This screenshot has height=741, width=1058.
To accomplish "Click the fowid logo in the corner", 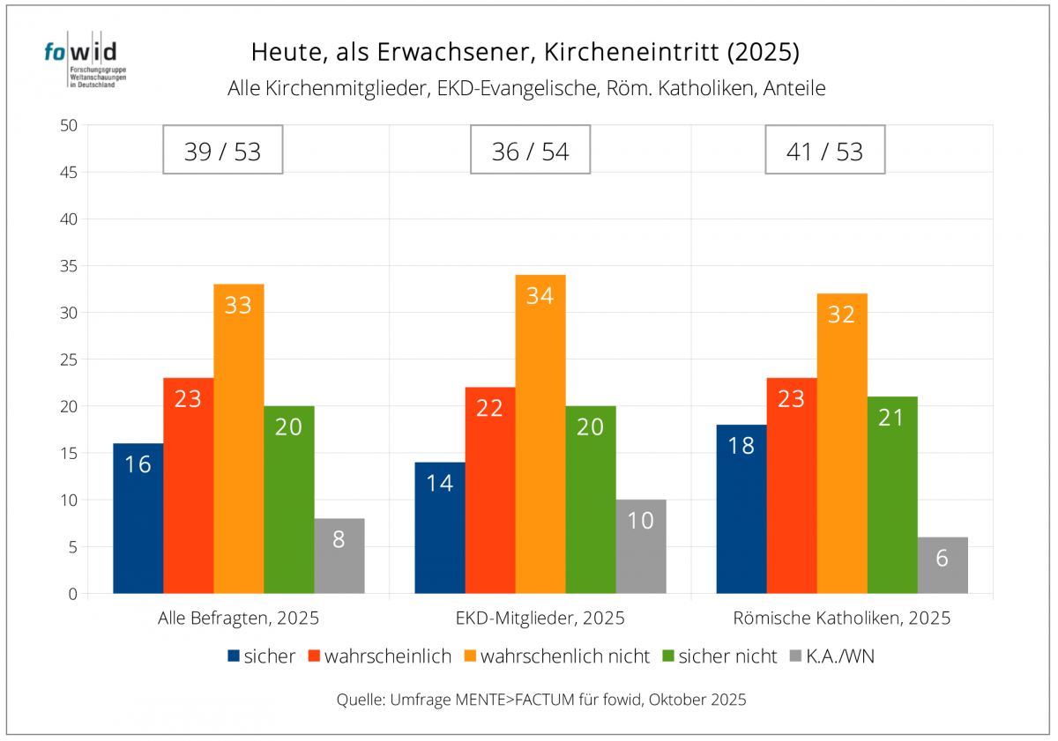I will click(x=81, y=63).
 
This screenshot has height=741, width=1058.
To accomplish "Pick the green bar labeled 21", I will click(x=892, y=494).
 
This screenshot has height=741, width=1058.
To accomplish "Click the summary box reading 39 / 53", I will click(x=223, y=151).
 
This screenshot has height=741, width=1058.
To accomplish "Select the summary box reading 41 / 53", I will click(x=824, y=151).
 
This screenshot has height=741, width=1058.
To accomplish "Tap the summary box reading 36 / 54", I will click(x=530, y=151).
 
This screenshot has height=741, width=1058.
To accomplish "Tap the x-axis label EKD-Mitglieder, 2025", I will click(x=540, y=618).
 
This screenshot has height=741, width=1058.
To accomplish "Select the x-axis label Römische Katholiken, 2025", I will click(x=842, y=618).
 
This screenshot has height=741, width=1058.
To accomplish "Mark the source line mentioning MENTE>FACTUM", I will click(x=541, y=700).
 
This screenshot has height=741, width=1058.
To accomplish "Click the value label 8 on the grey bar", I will click(x=339, y=539).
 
